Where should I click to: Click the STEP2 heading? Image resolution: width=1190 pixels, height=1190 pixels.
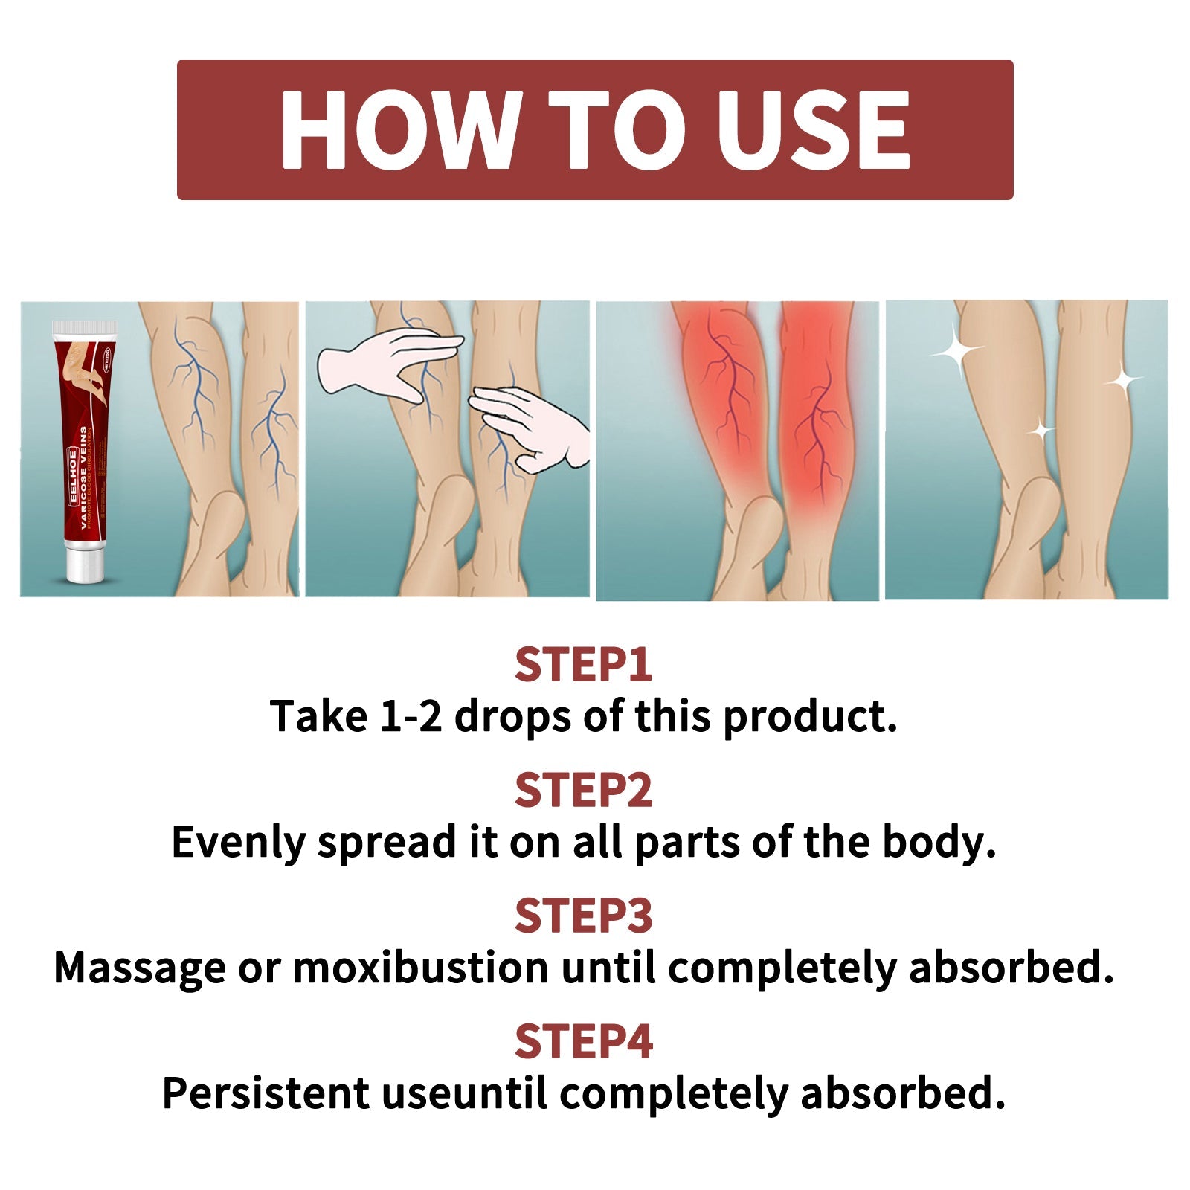(x=583, y=790)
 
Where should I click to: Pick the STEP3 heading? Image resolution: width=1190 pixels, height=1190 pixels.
(x=583, y=916)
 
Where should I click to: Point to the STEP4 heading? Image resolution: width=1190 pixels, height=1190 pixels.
(x=583, y=1041)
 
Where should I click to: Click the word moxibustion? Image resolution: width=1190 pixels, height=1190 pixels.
(x=421, y=968)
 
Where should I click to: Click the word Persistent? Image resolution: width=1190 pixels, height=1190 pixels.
(x=266, y=1093)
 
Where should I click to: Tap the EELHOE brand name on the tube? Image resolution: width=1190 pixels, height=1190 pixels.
(x=72, y=475)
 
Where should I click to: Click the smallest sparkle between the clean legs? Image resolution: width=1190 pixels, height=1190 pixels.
(x=1041, y=430)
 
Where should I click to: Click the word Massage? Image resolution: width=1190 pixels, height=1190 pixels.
(x=139, y=968)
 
